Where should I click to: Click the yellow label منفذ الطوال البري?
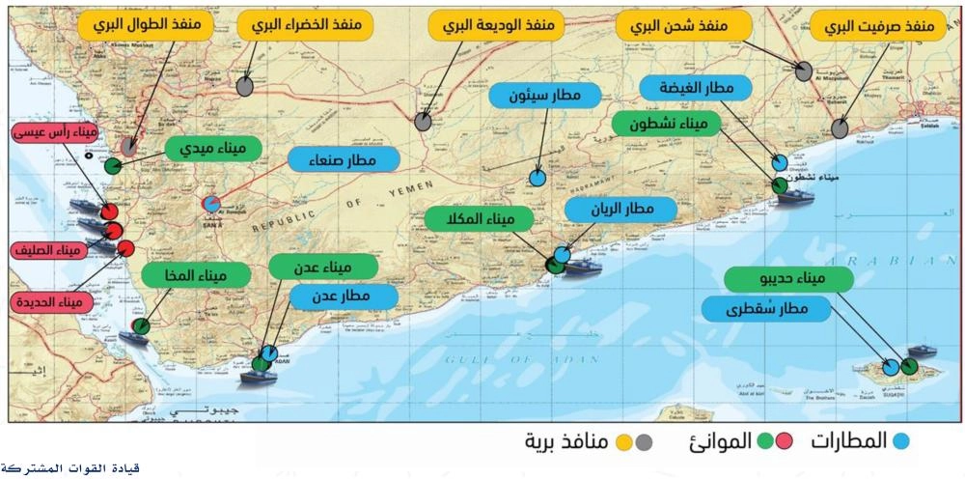[145, 25]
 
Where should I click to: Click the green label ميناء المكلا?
[470, 220]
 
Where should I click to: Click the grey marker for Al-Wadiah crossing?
[423, 122]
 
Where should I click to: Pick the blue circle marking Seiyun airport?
[538, 179]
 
